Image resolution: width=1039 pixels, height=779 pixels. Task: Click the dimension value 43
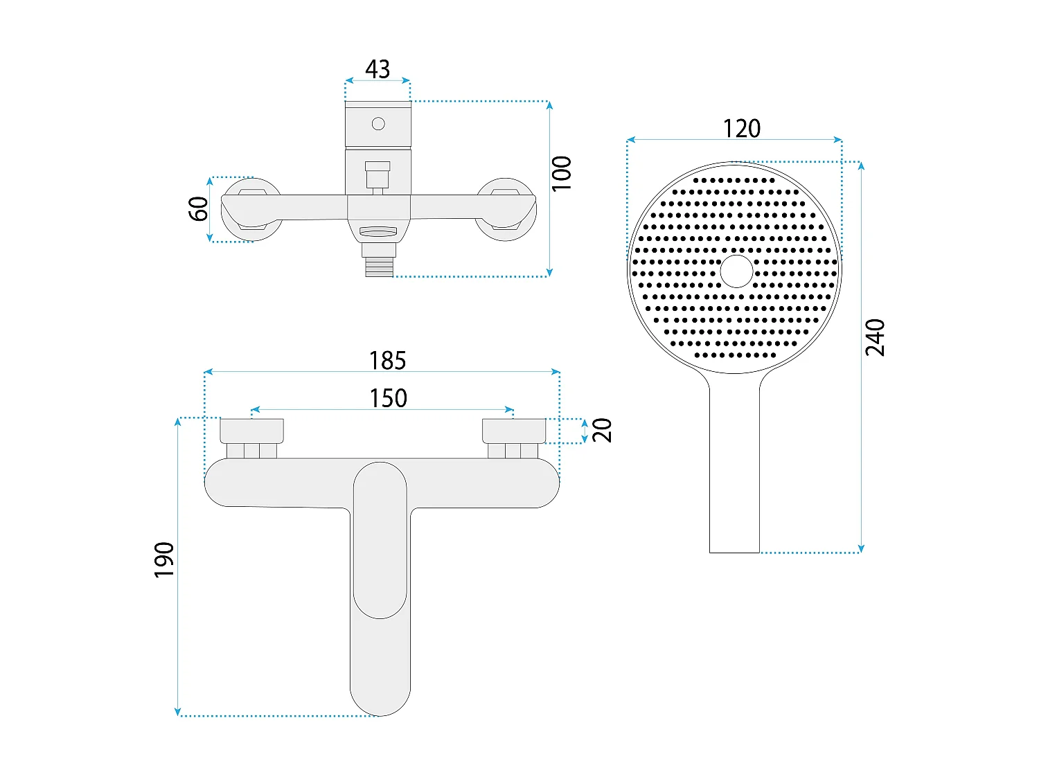click(x=378, y=69)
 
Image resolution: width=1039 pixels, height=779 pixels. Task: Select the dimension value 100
click(x=562, y=173)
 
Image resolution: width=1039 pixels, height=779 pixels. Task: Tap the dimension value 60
click(x=199, y=208)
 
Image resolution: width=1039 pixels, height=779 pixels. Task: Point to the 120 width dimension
click(x=741, y=129)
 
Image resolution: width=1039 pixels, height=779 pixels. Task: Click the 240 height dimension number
click(x=876, y=337)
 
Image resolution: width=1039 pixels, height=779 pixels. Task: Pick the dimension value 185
click(x=387, y=361)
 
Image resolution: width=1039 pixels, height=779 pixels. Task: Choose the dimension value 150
click(x=388, y=399)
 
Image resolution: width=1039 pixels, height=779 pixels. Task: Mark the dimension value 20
click(x=603, y=430)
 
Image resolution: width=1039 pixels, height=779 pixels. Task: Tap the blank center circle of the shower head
click(x=736, y=271)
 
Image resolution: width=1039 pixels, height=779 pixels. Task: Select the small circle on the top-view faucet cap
click(x=378, y=124)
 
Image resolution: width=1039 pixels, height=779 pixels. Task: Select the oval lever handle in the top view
click(x=380, y=540)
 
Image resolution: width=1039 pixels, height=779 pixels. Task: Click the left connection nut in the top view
click(x=251, y=431)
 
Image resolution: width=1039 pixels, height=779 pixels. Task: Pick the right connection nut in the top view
click(x=514, y=431)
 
